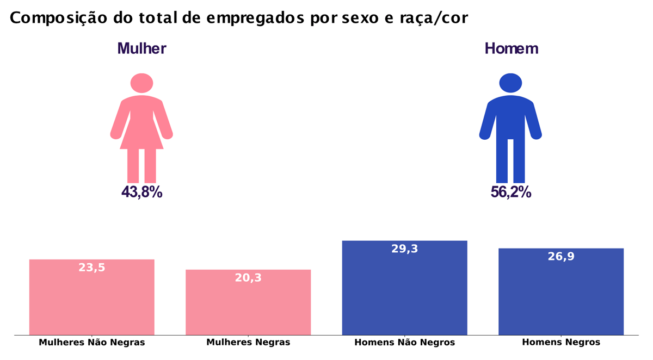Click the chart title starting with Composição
tap(238, 18)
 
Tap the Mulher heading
tap(141, 48)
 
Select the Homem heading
tap(511, 48)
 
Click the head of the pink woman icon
tap(141, 83)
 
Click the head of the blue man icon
tap(510, 83)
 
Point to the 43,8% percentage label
tap(141, 192)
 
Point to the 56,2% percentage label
tap(510, 192)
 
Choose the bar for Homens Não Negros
tap(404, 294)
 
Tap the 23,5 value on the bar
tap(92, 268)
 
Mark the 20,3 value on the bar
tap(248, 278)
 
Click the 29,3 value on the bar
tap(404, 249)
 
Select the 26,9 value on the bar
tap(561, 257)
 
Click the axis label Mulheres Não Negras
tap(92, 343)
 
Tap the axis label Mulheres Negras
tap(248, 343)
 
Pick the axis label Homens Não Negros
tap(404, 343)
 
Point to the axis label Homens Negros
tap(561, 343)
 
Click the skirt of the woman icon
tap(141, 136)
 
